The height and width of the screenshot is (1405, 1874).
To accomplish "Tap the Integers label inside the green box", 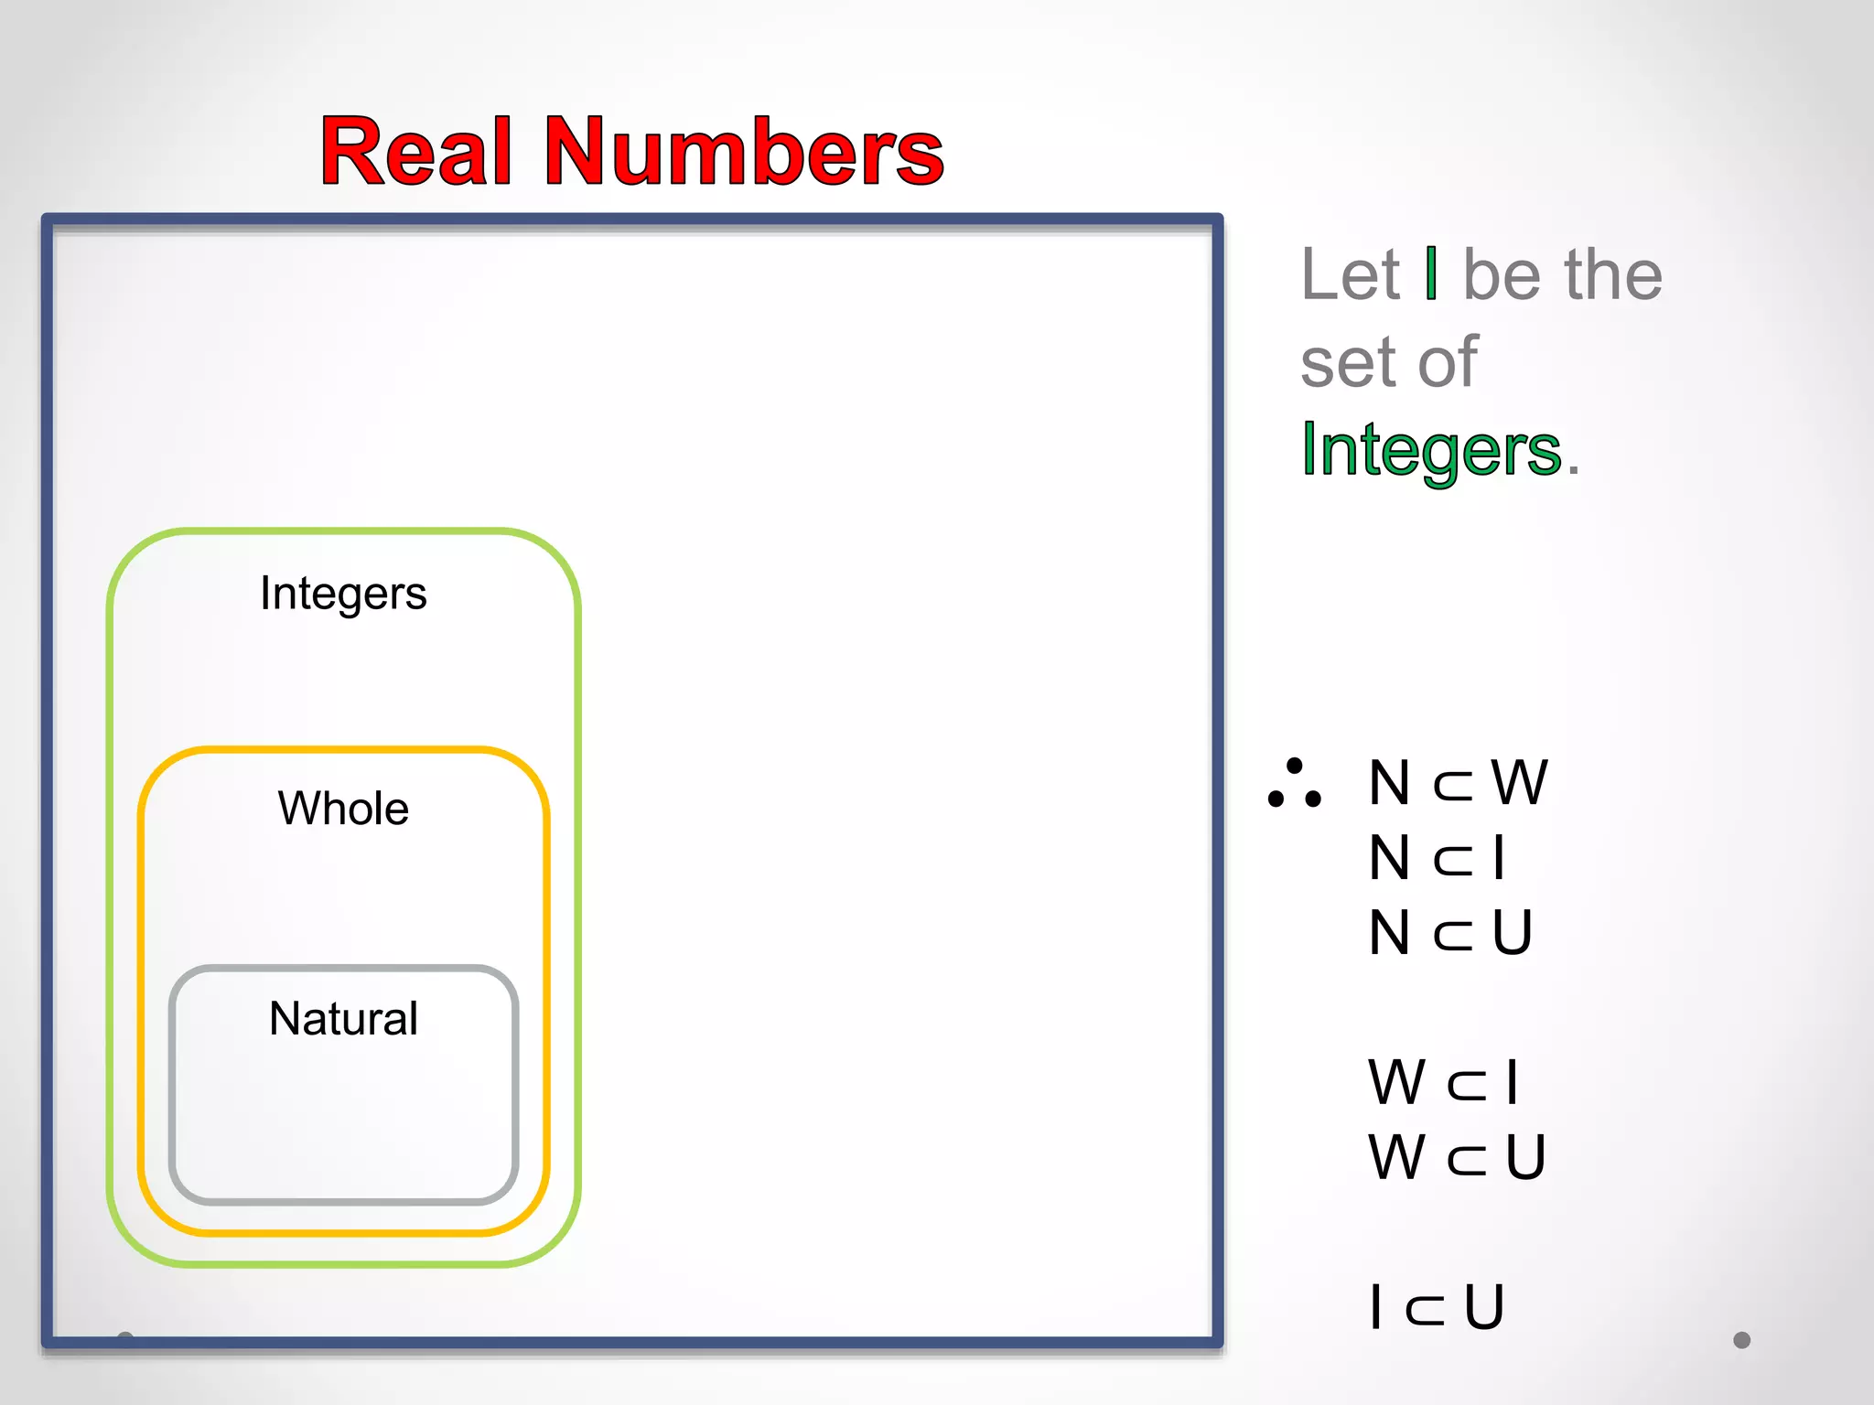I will (343, 594).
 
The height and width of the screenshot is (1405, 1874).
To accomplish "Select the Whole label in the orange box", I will (343, 809).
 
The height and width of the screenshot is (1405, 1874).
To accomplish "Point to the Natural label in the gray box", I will (343, 1019).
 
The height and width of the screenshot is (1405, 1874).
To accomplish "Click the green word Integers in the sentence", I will (1431, 450).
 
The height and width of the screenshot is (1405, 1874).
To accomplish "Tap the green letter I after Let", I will (1431, 273).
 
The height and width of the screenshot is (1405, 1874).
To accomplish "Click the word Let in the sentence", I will (1350, 274).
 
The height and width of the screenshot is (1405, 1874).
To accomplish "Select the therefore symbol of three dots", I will (1294, 784).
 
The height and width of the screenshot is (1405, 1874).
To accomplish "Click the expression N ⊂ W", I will (1457, 783).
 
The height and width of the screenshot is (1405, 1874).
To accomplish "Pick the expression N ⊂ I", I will (1437, 858).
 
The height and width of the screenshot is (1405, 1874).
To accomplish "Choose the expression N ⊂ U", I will (1449, 933).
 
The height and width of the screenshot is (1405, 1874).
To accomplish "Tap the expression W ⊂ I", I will (1443, 1082).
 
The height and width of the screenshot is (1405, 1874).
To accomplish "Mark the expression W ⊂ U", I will (1457, 1157).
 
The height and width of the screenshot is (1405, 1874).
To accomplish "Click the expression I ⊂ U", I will (1437, 1307).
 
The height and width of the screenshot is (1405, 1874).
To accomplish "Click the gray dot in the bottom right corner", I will (1741, 1340).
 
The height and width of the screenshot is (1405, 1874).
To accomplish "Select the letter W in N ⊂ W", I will (1519, 783).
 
